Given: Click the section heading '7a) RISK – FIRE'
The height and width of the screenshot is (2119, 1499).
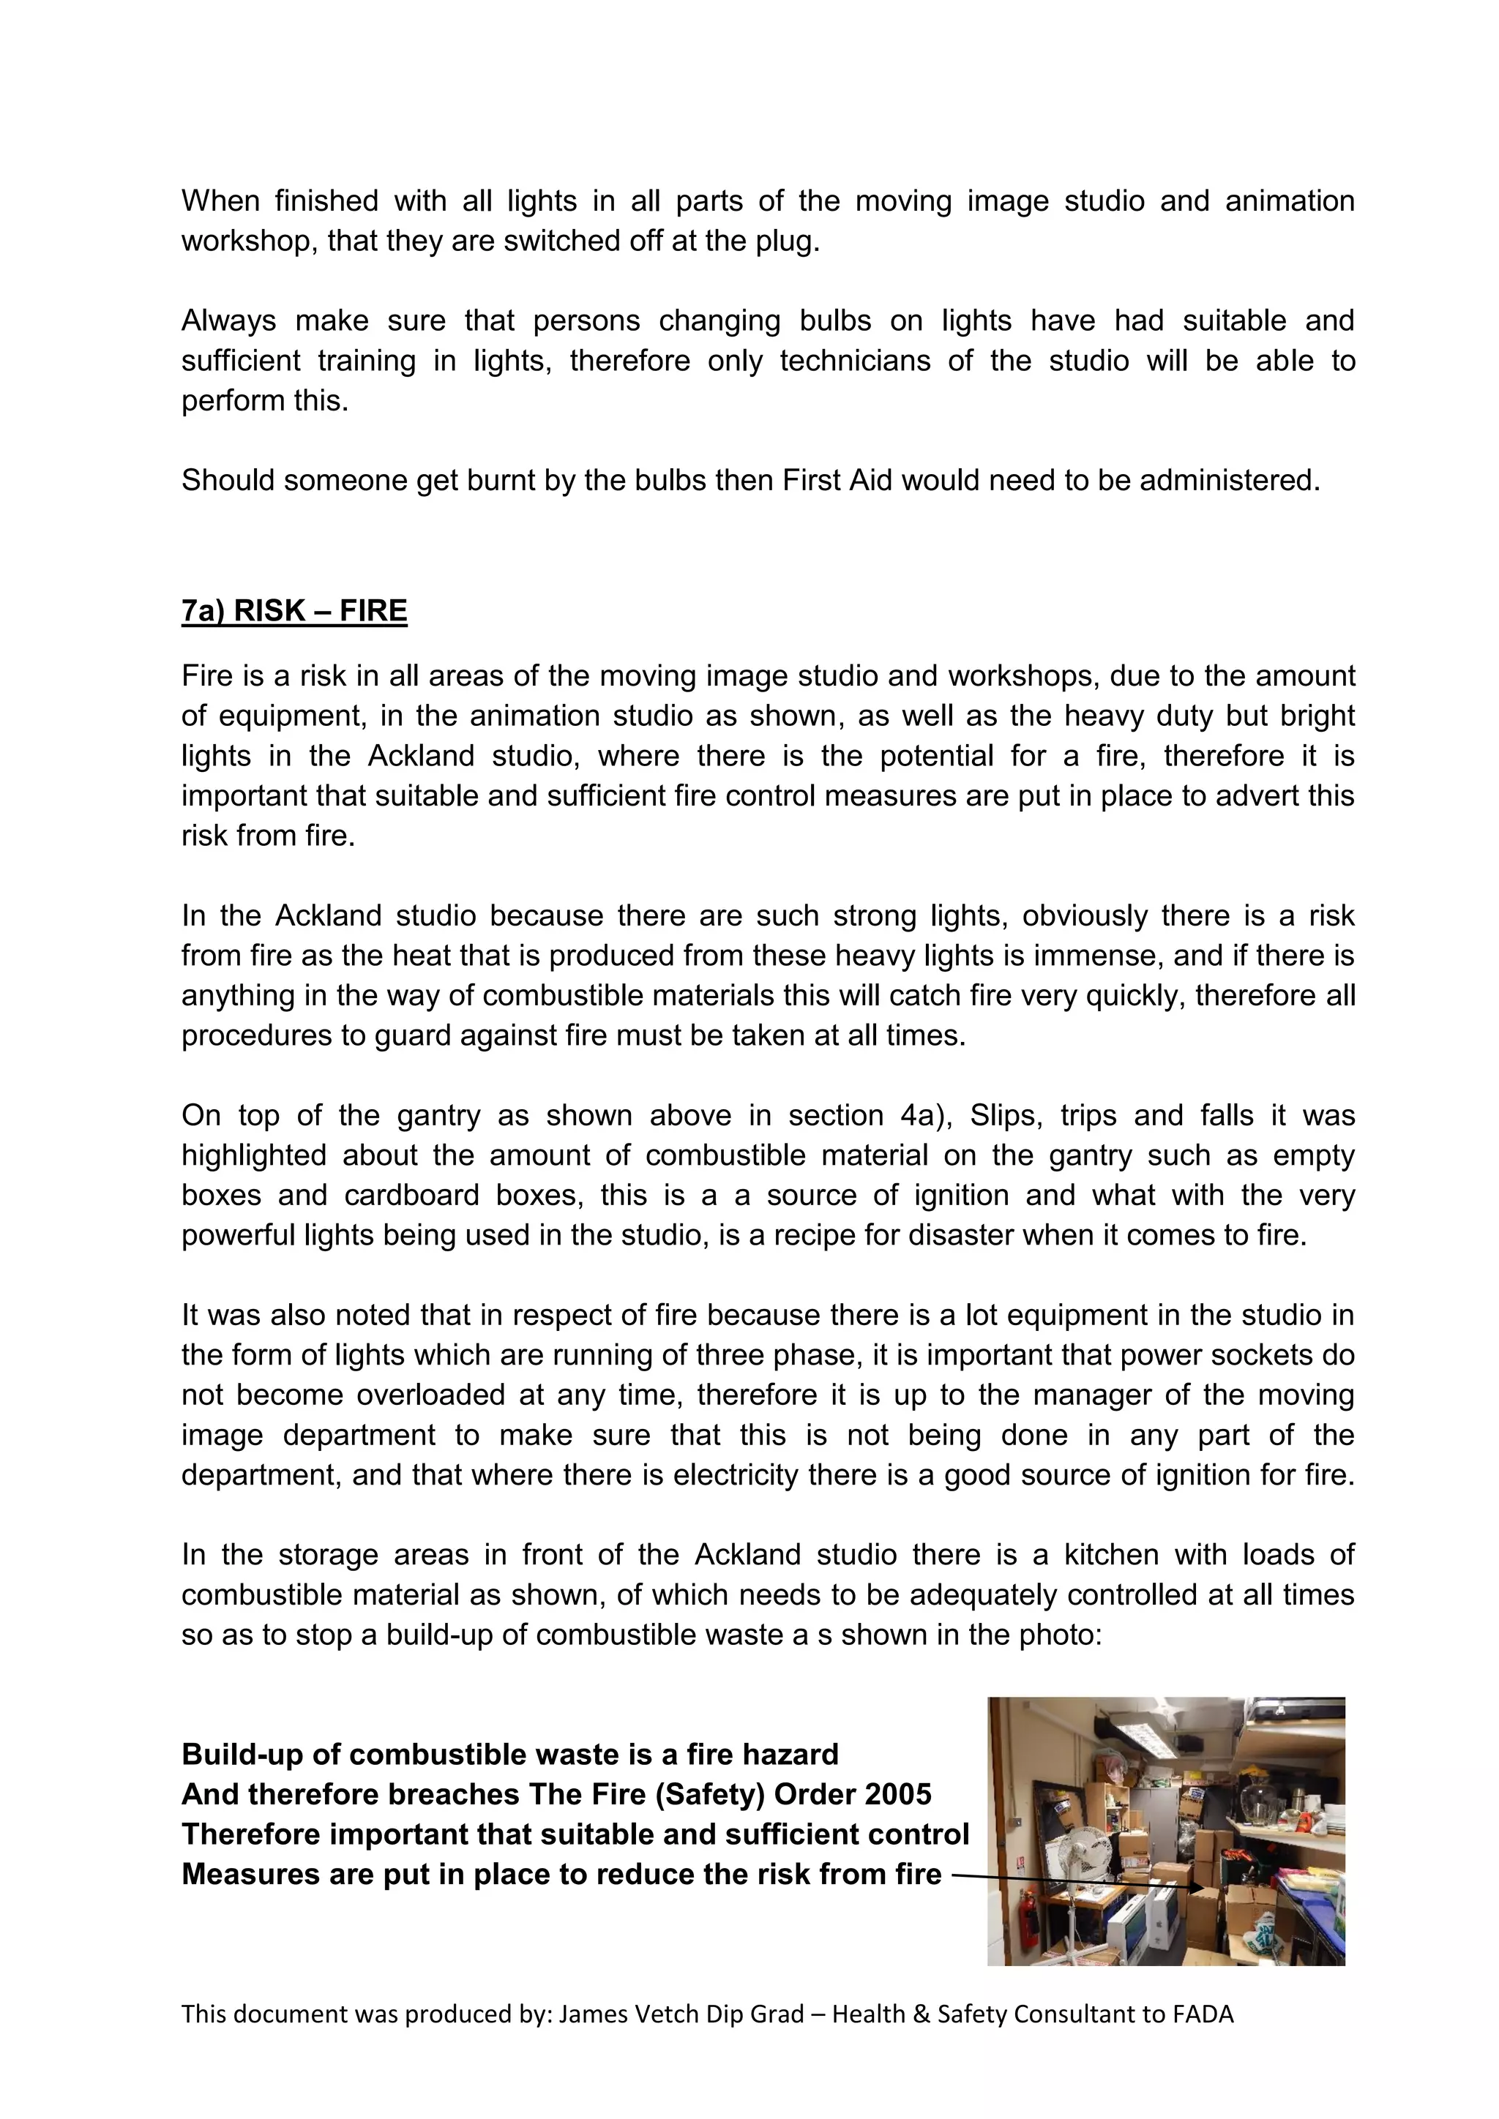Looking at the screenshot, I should pyautogui.click(x=294, y=611).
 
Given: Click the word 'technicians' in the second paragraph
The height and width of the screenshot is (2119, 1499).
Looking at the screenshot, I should pyautogui.click(x=855, y=360).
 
